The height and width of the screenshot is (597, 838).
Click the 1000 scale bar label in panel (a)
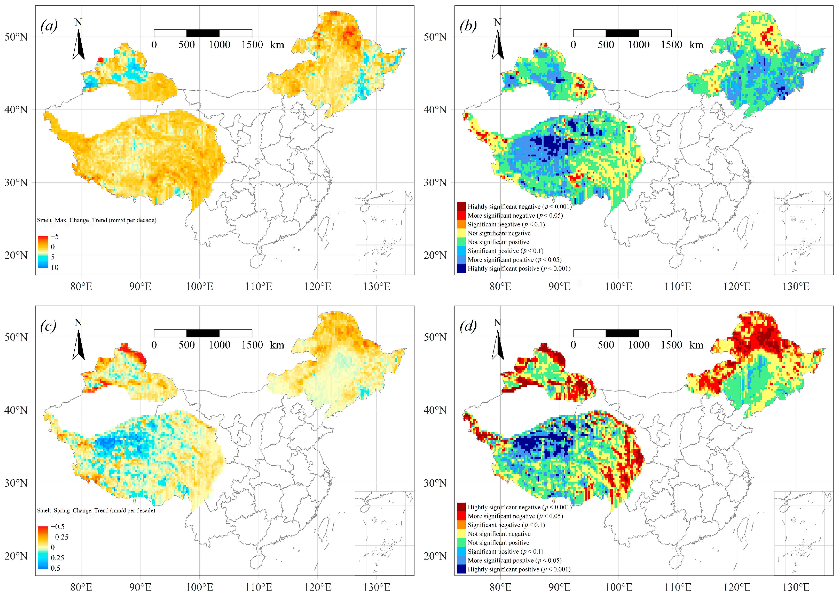(219, 45)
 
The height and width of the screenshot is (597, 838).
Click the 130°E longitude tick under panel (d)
(796, 587)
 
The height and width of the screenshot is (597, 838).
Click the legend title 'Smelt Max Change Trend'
(97, 220)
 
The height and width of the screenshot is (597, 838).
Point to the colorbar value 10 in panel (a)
(55, 267)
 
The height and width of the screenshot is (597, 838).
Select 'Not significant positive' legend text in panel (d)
(498, 543)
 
